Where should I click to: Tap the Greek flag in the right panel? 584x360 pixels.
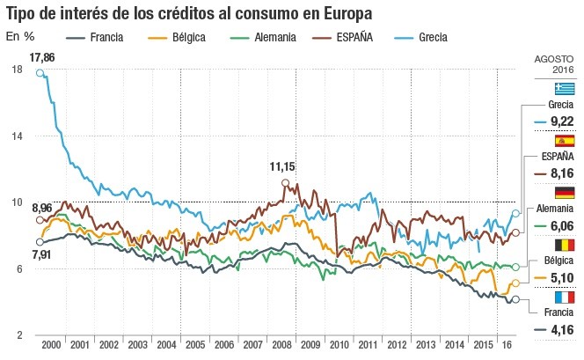point(563,88)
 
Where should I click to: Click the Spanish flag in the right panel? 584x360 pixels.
point(563,141)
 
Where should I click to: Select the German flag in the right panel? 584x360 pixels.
point(563,193)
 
